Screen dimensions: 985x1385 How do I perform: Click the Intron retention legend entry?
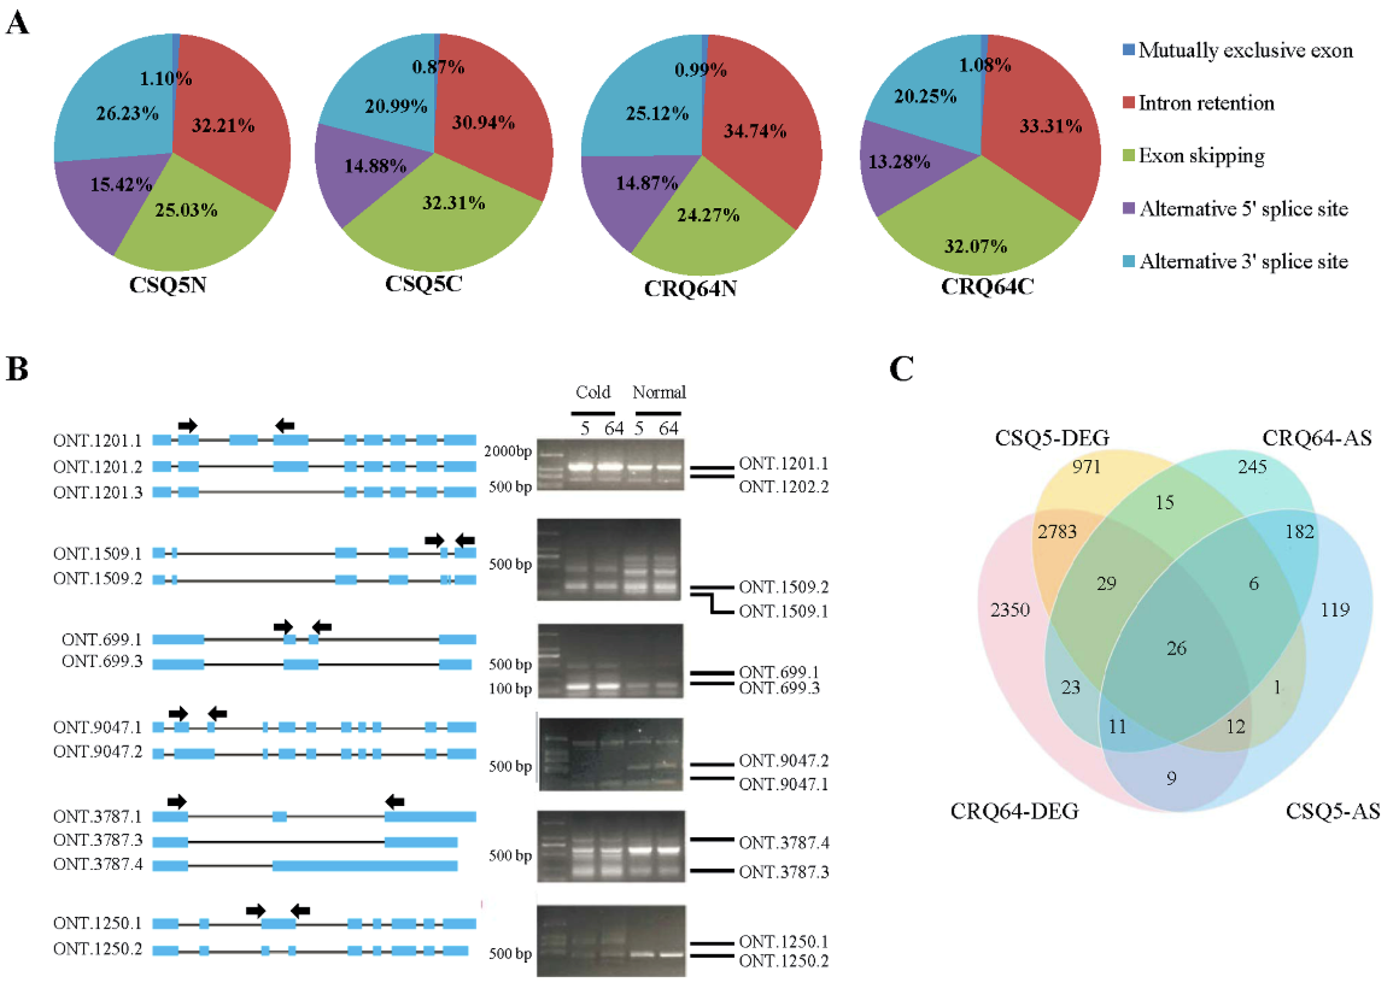coord(1206,103)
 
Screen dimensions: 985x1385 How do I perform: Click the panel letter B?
coord(17,369)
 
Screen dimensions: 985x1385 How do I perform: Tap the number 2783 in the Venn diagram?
coord(1057,532)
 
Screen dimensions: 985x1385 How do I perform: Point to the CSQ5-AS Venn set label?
coord(1332,811)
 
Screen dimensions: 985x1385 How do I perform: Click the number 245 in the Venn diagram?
coord(1252,467)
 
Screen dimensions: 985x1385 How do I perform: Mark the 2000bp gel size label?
coord(508,451)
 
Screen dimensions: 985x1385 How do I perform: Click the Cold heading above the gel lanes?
coord(592,392)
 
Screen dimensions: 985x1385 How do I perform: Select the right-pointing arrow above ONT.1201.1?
coord(188,425)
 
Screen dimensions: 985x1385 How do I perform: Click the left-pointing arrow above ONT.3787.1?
coord(395,802)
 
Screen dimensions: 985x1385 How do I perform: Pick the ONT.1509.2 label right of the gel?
coord(783,587)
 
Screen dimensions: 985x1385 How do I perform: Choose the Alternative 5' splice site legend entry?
coord(1243,209)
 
